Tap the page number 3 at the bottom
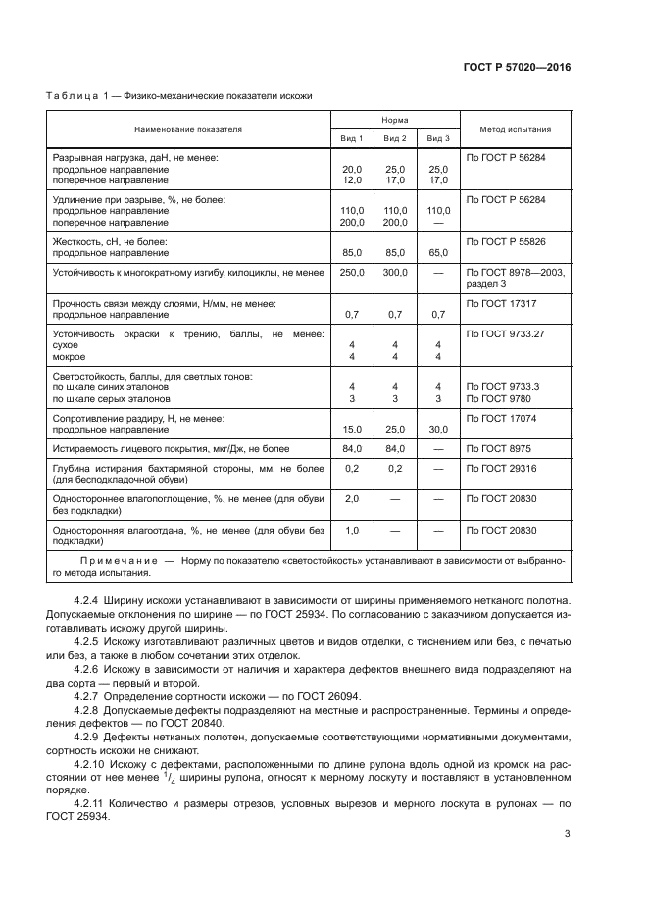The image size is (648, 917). (568, 835)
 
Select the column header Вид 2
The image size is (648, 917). (395, 138)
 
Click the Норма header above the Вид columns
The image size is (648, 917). (395, 120)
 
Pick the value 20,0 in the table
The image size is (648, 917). (351, 170)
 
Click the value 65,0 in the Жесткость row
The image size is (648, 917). (438, 252)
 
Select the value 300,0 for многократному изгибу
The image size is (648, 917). (395, 272)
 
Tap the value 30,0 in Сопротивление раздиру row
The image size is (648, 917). (438, 430)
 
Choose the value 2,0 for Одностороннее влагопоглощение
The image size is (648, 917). (351, 499)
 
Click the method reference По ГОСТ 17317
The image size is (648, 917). (502, 303)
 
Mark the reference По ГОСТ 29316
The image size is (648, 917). (502, 468)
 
